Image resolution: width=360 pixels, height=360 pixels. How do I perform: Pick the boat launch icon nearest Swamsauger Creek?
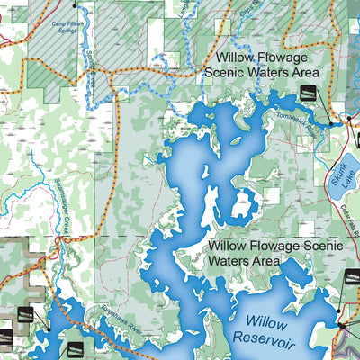(x=24, y=315)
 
